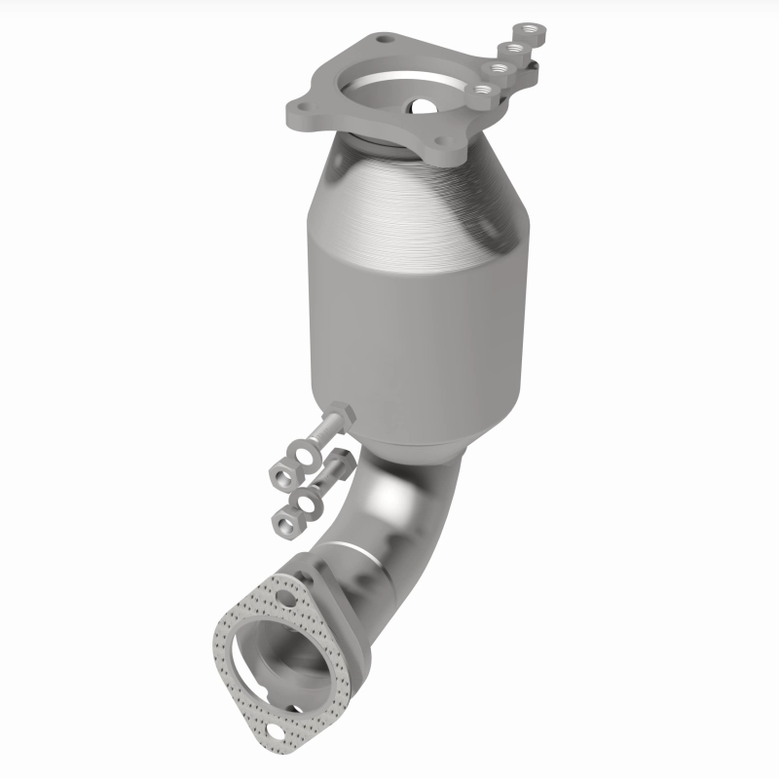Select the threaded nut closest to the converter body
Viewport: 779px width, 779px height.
pos(481,91)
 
